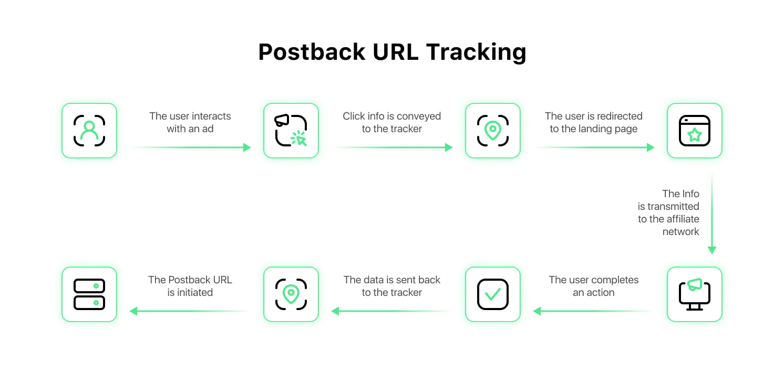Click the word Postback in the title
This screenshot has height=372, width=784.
(312, 52)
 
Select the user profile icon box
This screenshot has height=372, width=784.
(89, 131)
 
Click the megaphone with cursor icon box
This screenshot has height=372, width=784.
(291, 131)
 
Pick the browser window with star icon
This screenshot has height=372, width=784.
(694, 131)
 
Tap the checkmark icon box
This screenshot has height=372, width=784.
(493, 294)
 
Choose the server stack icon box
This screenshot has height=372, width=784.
(89, 294)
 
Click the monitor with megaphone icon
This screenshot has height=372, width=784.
(694, 294)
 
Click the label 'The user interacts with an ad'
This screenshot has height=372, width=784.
(190, 122)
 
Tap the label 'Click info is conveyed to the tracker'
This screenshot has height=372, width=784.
(391, 122)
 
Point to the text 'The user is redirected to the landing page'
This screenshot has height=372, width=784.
(594, 122)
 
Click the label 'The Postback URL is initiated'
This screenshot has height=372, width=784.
(190, 286)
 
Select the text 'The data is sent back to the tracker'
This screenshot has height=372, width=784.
(391, 286)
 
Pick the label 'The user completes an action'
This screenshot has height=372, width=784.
(594, 286)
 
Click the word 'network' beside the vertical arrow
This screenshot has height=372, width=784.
(680, 231)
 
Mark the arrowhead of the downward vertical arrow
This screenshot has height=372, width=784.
(712, 250)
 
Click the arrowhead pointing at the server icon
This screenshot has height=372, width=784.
(133, 311)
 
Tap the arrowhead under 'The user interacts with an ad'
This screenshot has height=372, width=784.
(247, 147)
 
